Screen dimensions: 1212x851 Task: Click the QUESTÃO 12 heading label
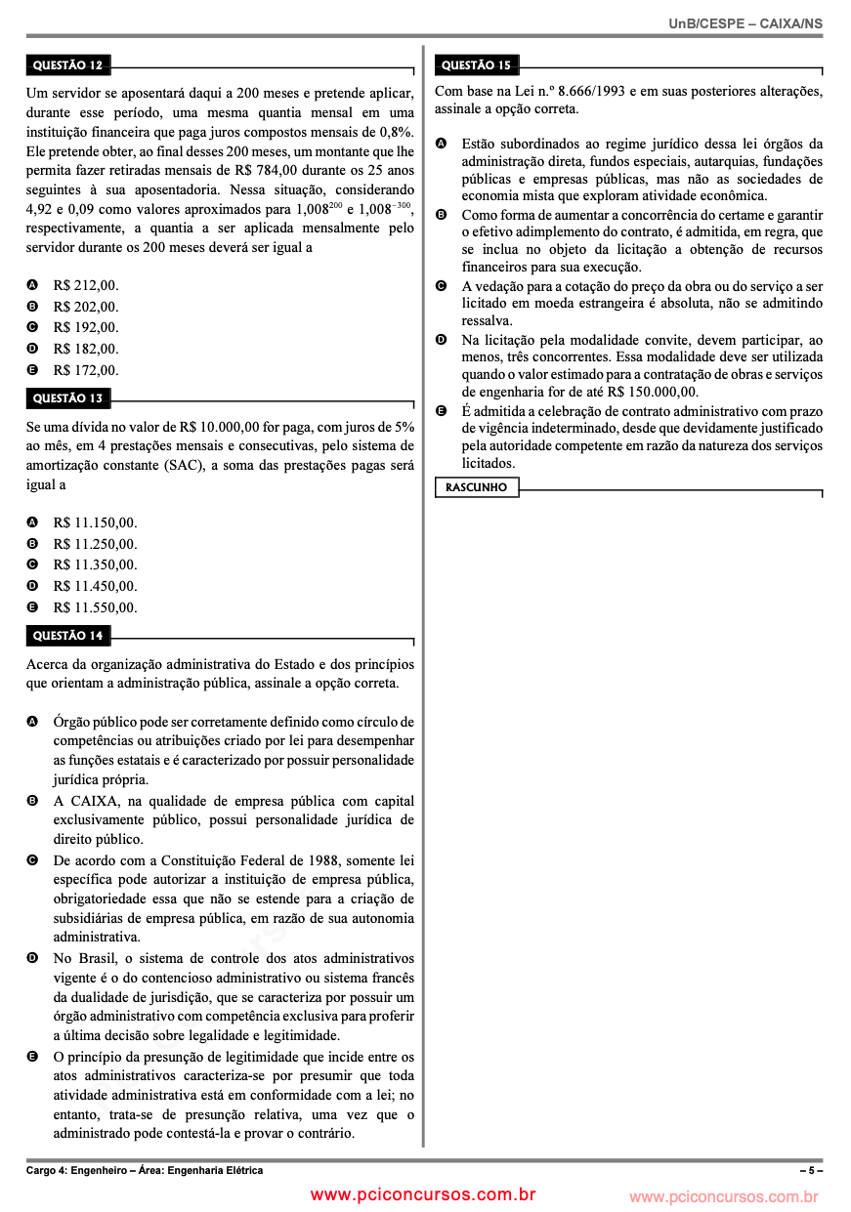[67, 66]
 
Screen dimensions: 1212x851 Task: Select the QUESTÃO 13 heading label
[67, 398]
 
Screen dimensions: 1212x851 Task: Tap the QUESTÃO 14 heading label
[67, 636]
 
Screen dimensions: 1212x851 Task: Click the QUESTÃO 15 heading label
[476, 65]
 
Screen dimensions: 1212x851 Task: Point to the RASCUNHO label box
[476, 486]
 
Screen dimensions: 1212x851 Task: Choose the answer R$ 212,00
[85, 285]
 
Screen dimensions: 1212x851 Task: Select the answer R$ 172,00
[85, 370]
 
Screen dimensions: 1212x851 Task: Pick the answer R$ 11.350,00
[95, 564]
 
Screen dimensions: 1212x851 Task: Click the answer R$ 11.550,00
[95, 607]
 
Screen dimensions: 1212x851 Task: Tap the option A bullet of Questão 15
[441, 144]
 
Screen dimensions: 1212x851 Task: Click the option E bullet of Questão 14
[32, 1057]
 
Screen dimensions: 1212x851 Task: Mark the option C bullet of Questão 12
[32, 328]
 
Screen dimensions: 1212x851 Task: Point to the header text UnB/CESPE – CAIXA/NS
[745, 22]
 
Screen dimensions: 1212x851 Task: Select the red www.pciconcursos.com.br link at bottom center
[423, 1194]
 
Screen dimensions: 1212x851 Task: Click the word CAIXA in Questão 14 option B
[94, 801]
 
